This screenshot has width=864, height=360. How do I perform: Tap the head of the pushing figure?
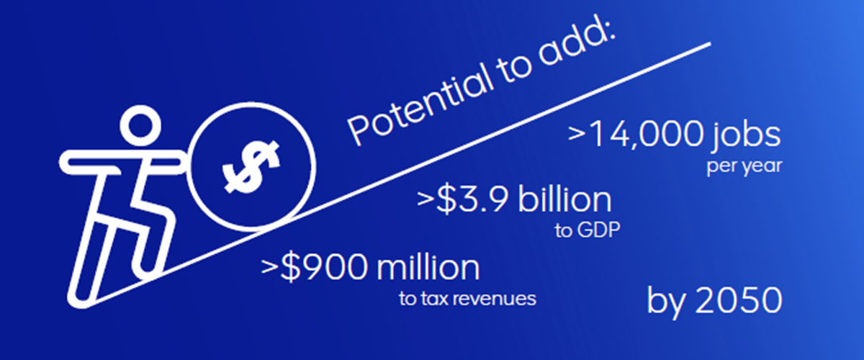[x=140, y=126]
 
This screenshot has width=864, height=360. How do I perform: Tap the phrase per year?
[x=744, y=166]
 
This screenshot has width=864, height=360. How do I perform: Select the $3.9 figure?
[x=472, y=199]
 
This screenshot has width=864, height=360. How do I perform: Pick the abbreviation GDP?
[x=598, y=230]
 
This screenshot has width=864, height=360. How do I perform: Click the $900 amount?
[x=323, y=267]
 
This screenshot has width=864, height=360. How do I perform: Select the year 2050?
[x=738, y=300]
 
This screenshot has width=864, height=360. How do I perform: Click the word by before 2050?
[x=667, y=302]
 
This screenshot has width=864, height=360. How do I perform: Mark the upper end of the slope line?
[x=710, y=44]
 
